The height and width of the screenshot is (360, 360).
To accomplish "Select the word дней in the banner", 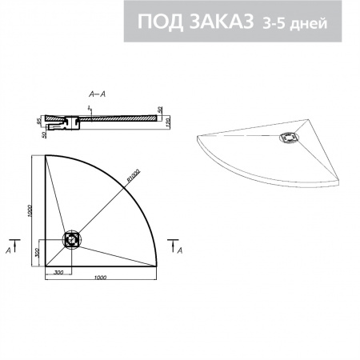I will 310,23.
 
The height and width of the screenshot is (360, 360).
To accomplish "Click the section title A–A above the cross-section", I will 94,94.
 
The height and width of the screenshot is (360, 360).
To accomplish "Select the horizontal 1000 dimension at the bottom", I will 100,277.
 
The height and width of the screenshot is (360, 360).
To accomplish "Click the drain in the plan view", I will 73,238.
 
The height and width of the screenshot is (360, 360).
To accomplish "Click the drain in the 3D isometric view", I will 286,138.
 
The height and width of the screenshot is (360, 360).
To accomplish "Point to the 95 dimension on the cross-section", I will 38,122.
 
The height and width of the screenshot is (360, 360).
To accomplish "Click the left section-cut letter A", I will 9,251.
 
